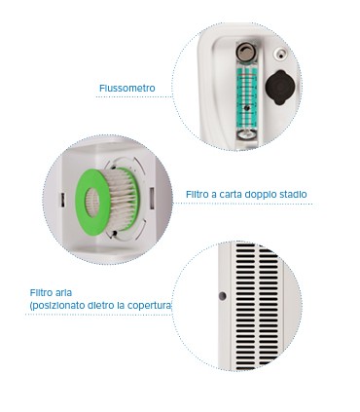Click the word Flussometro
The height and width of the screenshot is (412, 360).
[127, 88]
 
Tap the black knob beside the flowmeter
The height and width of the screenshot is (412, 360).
[280, 88]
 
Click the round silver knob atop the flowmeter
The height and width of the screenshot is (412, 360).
[245, 53]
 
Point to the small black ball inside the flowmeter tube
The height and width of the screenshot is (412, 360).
[247, 108]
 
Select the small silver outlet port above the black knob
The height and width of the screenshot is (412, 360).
[280, 54]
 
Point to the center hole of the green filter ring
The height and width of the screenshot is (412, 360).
[92, 203]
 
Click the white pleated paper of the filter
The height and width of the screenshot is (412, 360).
[119, 201]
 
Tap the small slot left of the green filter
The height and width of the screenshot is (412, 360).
[62, 200]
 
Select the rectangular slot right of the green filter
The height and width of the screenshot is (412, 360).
[152, 199]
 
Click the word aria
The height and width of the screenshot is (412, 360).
[63, 292]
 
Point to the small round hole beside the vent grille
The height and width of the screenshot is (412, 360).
[222, 296]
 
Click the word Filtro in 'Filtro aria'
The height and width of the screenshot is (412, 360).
[41, 292]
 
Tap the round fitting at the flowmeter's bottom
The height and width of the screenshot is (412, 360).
[245, 134]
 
